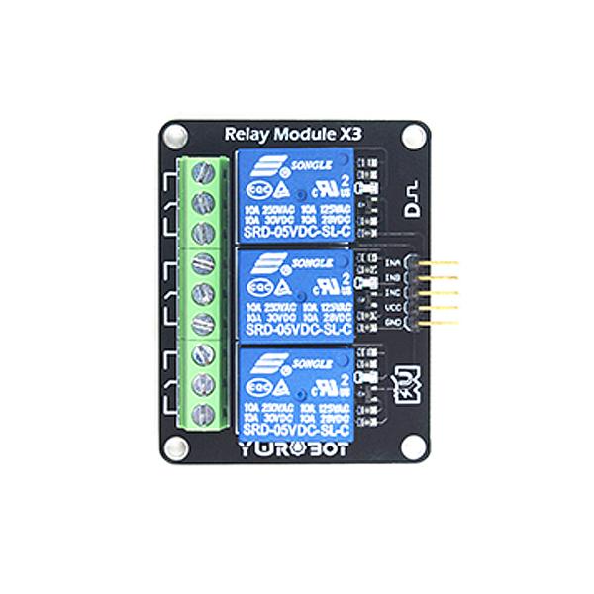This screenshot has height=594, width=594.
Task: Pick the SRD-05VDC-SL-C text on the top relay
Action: pos(293,231)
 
